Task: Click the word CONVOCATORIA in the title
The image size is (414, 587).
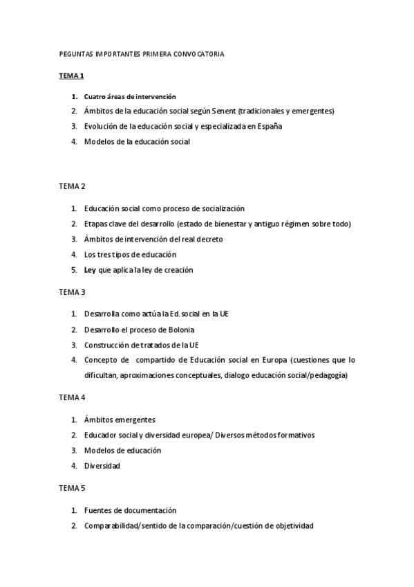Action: click(x=200, y=53)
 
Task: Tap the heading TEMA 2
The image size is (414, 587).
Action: click(x=72, y=186)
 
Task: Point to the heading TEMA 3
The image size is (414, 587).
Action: click(x=72, y=291)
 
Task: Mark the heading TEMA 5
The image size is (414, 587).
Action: click(x=72, y=488)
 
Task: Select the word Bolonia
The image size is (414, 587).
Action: click(x=178, y=329)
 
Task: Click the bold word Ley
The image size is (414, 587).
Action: click(x=90, y=269)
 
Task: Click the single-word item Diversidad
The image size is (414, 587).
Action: click(x=102, y=466)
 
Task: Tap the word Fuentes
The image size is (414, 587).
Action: click(x=98, y=511)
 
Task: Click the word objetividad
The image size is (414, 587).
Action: click(x=290, y=526)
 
